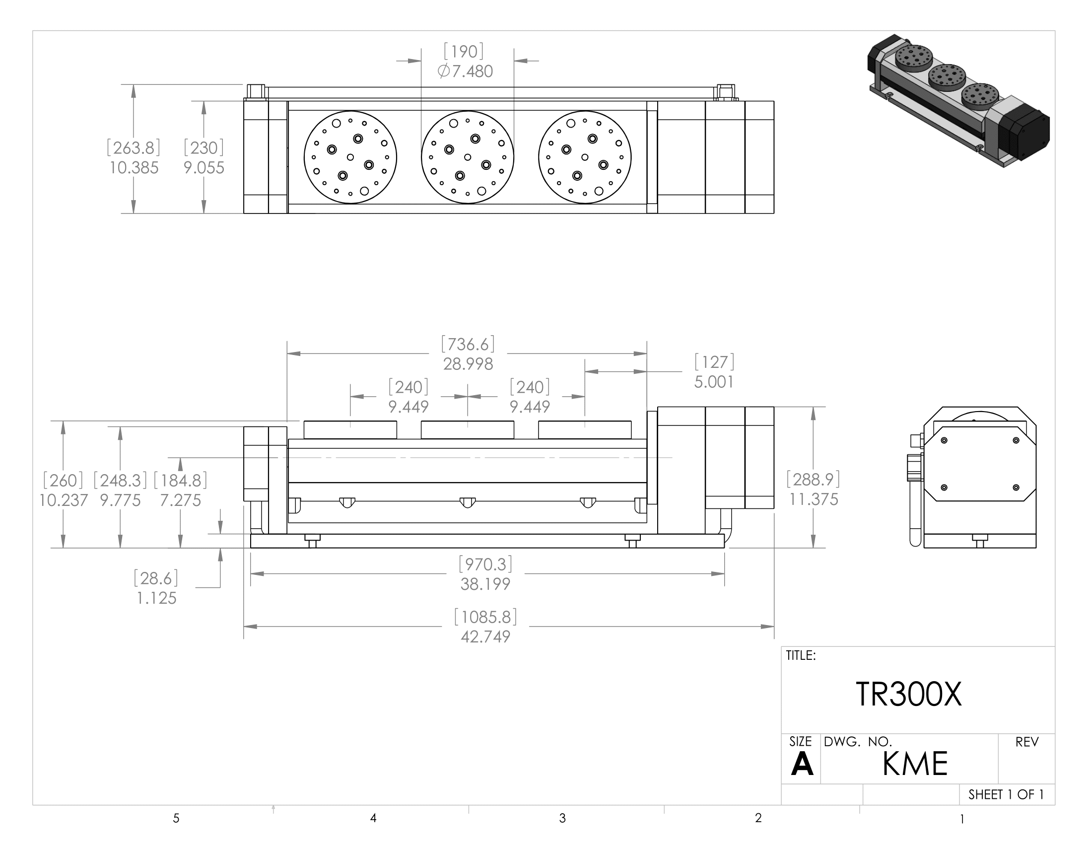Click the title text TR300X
click(908, 695)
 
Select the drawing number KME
click(914, 764)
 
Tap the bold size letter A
click(802, 764)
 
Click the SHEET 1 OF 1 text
click(1006, 794)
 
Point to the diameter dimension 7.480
click(465, 71)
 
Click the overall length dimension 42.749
click(485, 636)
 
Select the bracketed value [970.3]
click(485, 564)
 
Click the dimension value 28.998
click(468, 364)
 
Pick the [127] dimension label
click(714, 362)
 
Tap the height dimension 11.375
click(814, 499)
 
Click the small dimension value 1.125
click(156, 598)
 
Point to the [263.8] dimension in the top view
click(134, 148)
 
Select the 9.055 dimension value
click(204, 167)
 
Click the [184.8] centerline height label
click(180, 481)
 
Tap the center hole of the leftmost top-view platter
click(350, 157)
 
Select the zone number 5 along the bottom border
click(176, 819)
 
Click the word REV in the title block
click(1026, 742)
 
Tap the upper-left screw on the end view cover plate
click(944, 440)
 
